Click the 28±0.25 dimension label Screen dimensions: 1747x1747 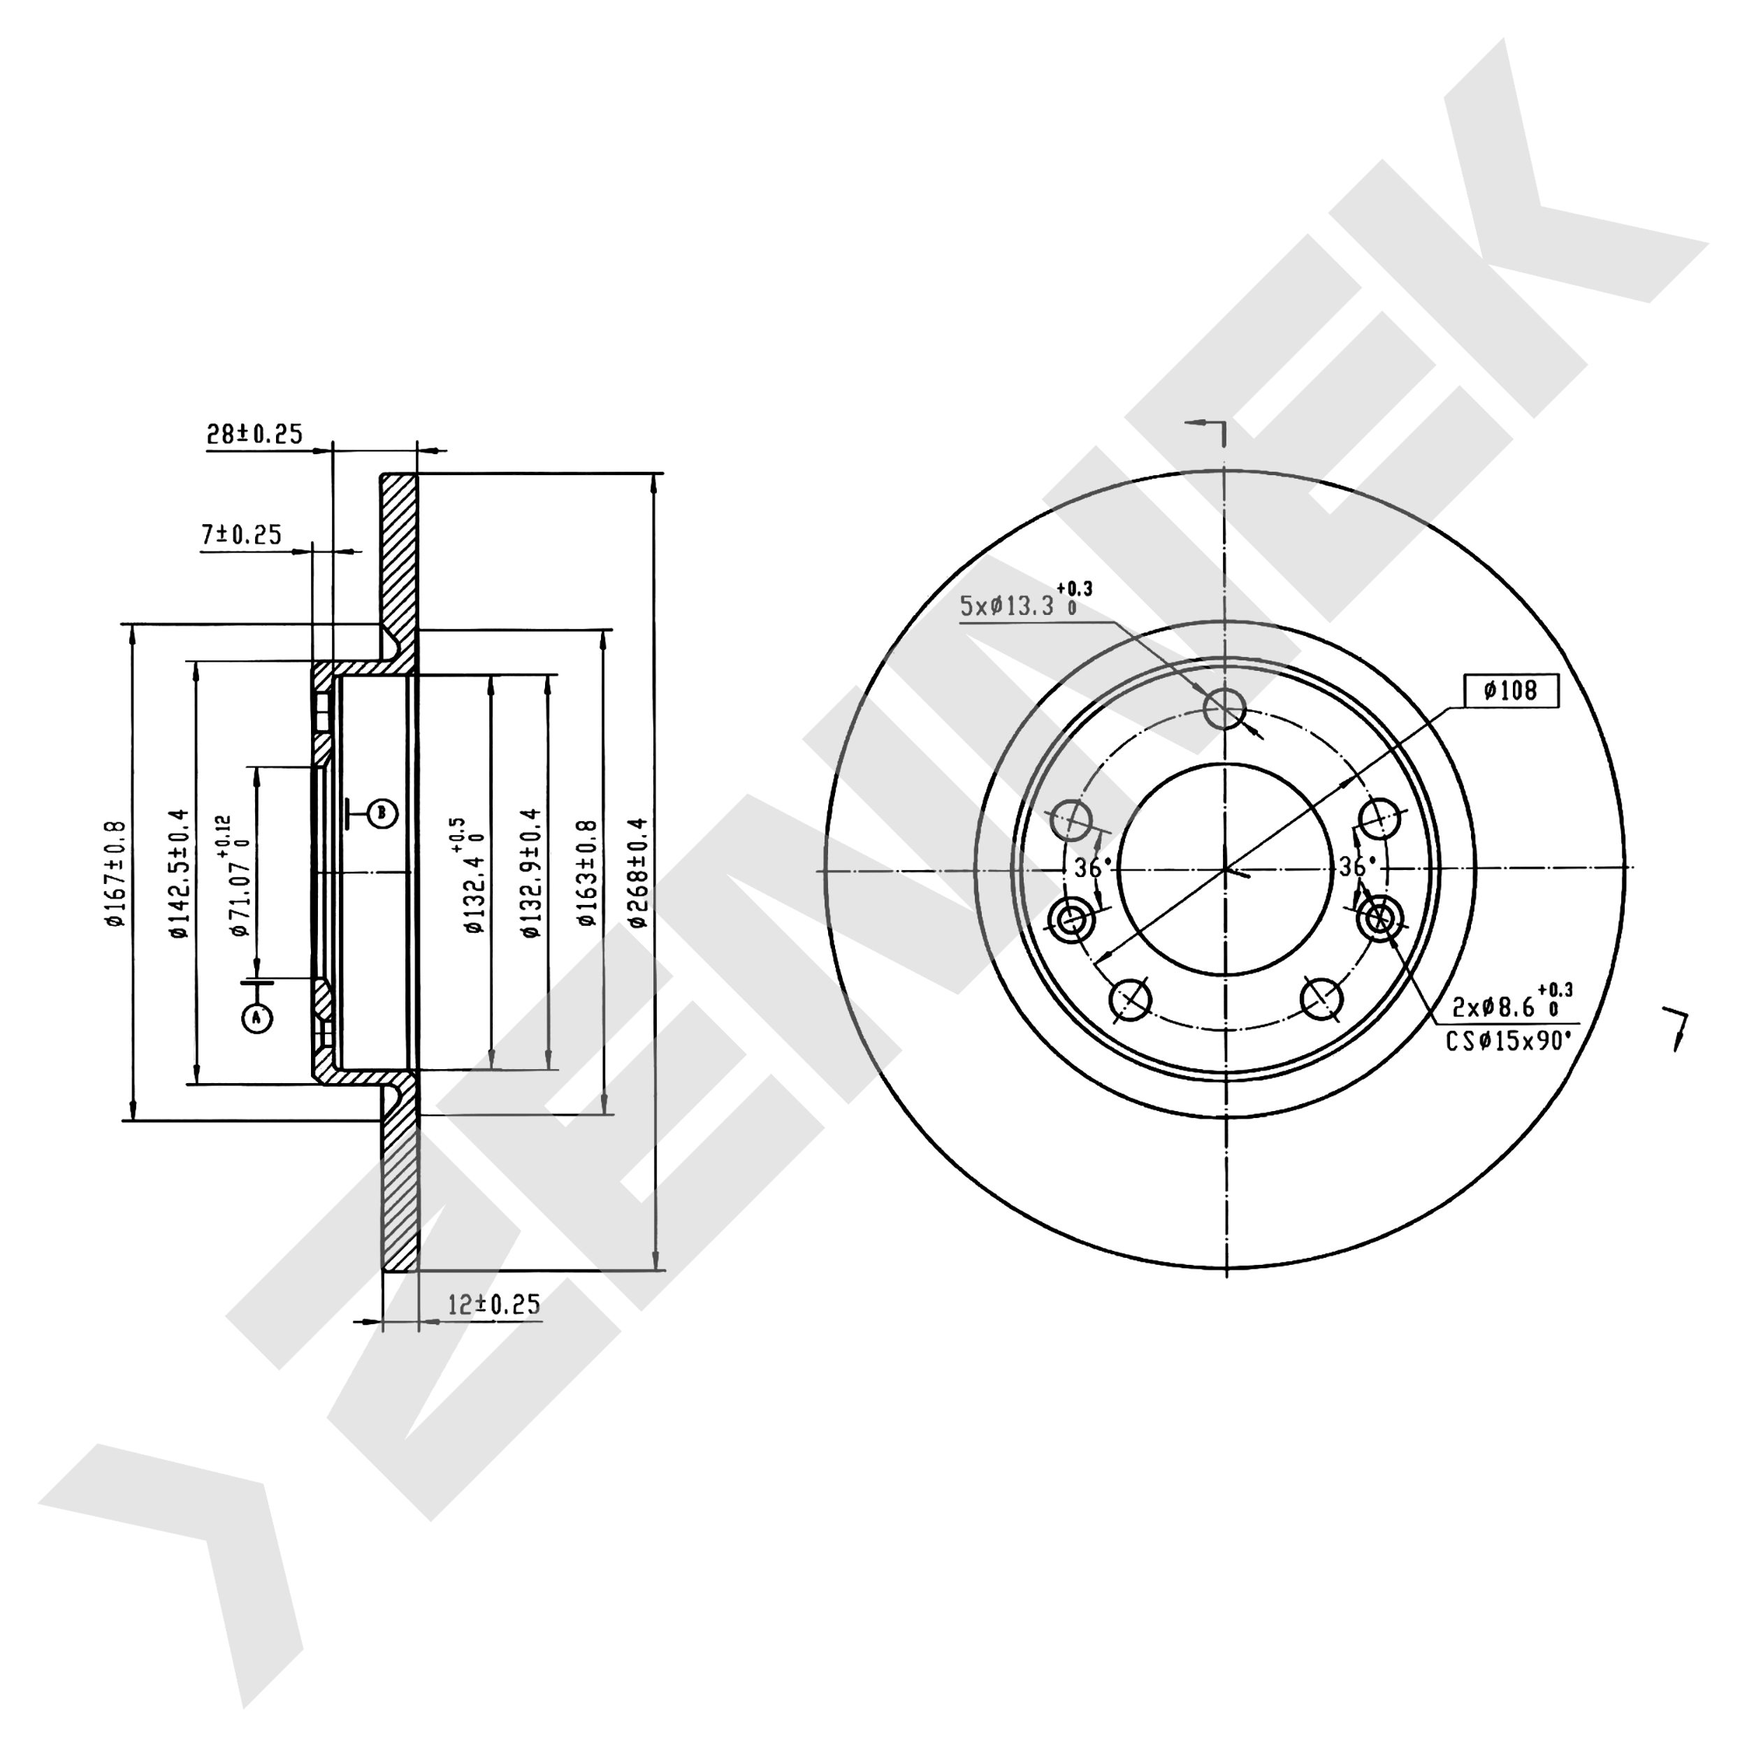tap(254, 435)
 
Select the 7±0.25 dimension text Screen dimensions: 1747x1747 tap(241, 535)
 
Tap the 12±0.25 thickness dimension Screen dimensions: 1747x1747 tap(495, 1304)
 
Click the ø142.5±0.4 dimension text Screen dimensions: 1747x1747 tap(178, 873)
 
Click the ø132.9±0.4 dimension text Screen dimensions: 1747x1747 tap(532, 873)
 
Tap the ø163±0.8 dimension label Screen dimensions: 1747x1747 tap(588, 873)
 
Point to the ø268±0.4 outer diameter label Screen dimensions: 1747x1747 tap(639, 873)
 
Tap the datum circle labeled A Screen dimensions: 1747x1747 tap(256, 1018)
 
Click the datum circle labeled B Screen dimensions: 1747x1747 tap(382, 813)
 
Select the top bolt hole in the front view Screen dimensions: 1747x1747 tap(1225, 707)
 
